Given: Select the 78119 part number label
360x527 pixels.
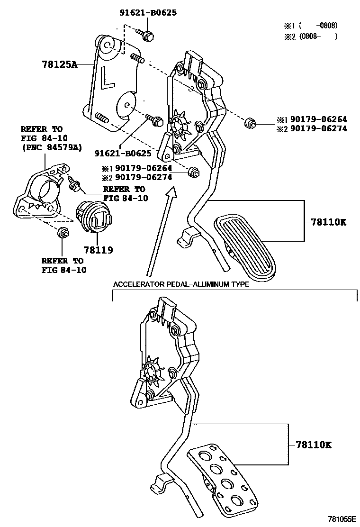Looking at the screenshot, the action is click(98, 249).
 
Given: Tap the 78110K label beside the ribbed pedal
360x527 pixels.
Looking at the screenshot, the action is click(328, 222).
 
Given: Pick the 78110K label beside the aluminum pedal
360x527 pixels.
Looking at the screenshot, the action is click(313, 445).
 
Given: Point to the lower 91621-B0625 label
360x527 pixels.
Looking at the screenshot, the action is click(123, 154).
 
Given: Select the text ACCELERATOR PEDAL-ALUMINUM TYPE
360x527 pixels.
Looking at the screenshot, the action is click(180, 285).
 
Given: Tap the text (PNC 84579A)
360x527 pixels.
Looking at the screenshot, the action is click(51, 147).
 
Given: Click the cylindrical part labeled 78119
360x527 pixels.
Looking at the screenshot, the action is click(94, 218).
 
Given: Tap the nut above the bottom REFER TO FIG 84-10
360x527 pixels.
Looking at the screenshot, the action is click(63, 233).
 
